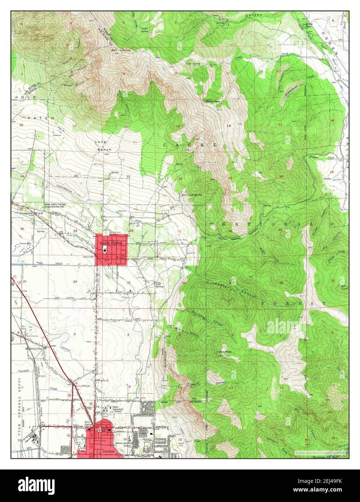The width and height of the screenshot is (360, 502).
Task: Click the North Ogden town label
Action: (111, 243)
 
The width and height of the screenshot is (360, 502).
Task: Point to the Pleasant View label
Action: (26, 214)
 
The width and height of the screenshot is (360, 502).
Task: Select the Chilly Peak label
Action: (213, 101)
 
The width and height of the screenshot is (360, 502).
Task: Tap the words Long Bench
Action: (103, 146)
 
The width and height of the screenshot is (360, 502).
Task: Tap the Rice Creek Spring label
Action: (192, 195)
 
